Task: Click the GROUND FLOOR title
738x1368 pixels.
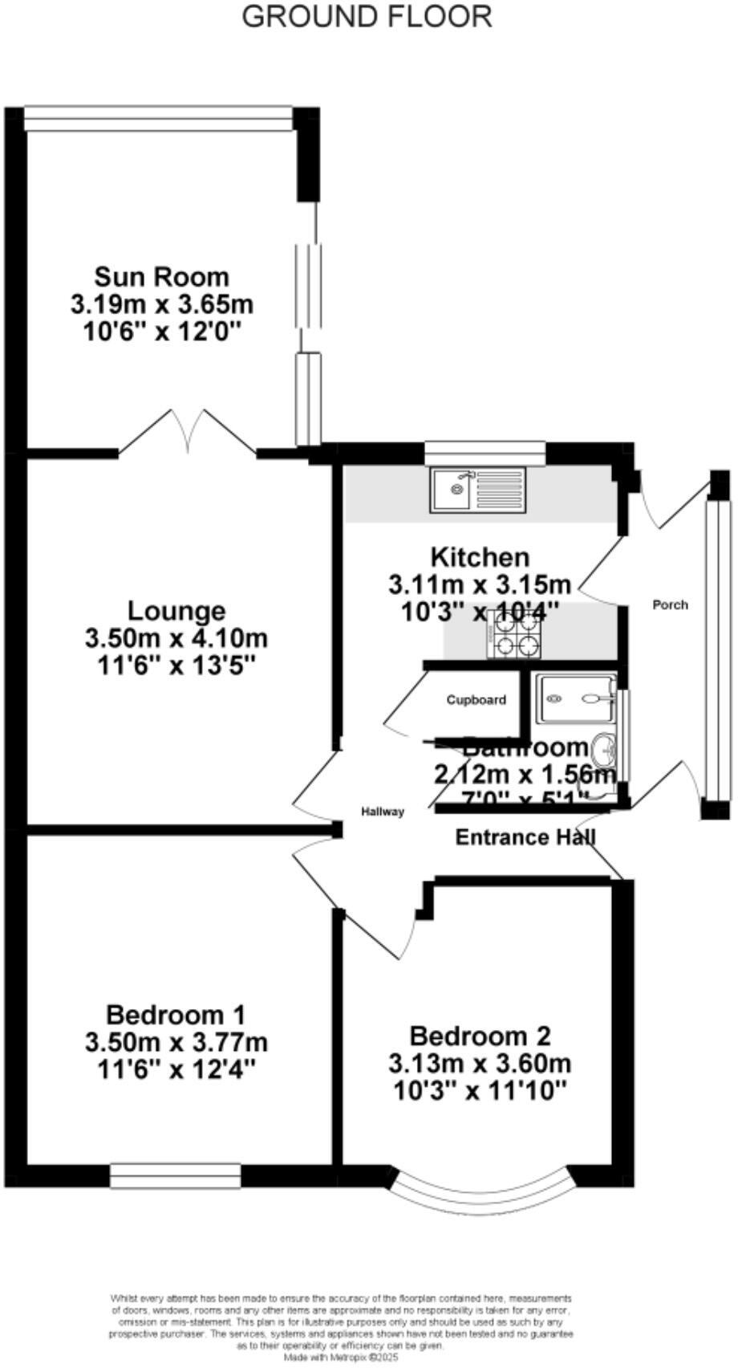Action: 367,16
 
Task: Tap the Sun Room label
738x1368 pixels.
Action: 162,277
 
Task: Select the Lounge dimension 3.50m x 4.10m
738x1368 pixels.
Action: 176,639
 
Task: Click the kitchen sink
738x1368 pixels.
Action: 476,489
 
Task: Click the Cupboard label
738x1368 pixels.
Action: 476,700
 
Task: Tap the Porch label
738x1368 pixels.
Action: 670,605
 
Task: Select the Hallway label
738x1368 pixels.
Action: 382,812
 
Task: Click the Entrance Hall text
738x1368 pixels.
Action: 525,837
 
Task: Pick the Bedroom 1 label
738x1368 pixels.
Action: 176,1013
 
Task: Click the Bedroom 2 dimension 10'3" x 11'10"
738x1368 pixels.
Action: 480,1091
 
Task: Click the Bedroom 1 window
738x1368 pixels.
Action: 175,1175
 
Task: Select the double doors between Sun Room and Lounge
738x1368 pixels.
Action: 188,434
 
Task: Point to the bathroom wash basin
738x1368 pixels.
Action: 603,751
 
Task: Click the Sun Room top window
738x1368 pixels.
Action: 158,119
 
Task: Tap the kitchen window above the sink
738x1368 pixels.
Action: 485,452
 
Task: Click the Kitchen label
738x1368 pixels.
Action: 480,556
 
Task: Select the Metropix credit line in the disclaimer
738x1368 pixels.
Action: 341,1357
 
